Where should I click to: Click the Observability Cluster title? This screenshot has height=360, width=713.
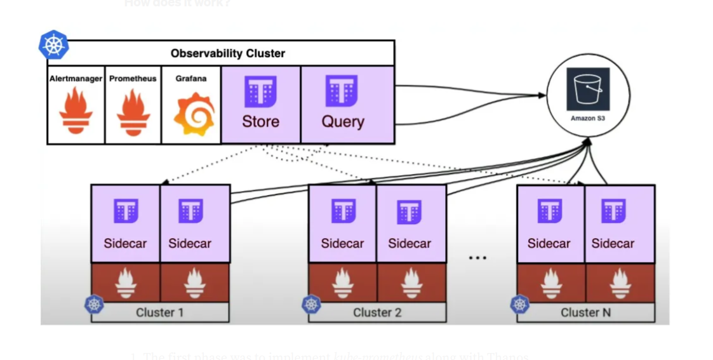point(228,53)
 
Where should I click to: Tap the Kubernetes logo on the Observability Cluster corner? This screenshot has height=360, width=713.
point(54,46)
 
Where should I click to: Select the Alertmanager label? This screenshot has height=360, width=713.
point(76,79)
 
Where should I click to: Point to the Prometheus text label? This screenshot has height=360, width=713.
point(133,79)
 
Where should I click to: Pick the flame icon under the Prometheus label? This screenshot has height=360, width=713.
point(133,112)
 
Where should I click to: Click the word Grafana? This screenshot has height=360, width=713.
point(191,79)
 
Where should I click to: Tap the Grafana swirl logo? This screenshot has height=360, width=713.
point(194,113)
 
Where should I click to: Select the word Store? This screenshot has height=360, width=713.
point(260,121)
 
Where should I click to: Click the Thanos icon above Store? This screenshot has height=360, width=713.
point(260,91)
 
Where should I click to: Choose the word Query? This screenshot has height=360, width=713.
point(343,121)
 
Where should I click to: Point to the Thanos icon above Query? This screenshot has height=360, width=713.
point(342,91)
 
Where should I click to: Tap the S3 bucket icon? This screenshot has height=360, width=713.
point(588,90)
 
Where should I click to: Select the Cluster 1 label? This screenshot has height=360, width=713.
point(159,312)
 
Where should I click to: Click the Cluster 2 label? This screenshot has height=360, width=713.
point(377,312)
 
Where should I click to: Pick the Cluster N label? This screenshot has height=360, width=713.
point(585,312)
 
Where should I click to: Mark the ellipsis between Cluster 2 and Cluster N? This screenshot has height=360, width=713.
point(477,258)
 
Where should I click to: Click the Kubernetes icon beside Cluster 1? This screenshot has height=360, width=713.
point(95,304)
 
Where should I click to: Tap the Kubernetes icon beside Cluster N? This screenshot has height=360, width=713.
point(520,304)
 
